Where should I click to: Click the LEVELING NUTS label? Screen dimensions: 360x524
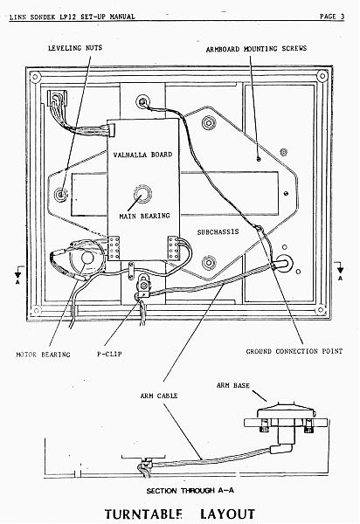(75, 48)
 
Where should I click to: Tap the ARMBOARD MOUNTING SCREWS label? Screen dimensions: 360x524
(256, 49)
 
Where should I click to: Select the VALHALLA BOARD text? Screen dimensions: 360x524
(142, 155)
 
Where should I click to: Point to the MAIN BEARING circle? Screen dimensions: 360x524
(142, 194)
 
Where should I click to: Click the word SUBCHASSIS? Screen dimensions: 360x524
(218, 232)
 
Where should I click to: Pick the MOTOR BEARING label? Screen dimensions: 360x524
(44, 355)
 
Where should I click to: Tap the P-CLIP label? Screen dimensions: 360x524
(109, 354)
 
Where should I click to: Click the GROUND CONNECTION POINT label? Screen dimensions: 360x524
(294, 352)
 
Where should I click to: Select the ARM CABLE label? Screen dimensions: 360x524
(159, 396)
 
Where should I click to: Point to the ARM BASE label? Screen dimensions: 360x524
(233, 386)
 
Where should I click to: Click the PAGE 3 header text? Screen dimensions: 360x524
(332, 17)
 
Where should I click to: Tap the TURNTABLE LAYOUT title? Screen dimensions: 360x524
(180, 514)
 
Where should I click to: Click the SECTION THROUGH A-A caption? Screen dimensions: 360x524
(190, 491)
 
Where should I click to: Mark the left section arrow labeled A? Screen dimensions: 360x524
(18, 274)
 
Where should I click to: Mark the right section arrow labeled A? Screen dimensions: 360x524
(340, 270)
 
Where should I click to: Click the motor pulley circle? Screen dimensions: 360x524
(87, 259)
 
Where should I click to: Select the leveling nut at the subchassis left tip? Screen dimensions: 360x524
(60, 194)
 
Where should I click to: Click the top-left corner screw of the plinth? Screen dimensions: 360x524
(35, 77)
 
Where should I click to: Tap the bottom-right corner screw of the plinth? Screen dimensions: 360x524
(321, 310)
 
